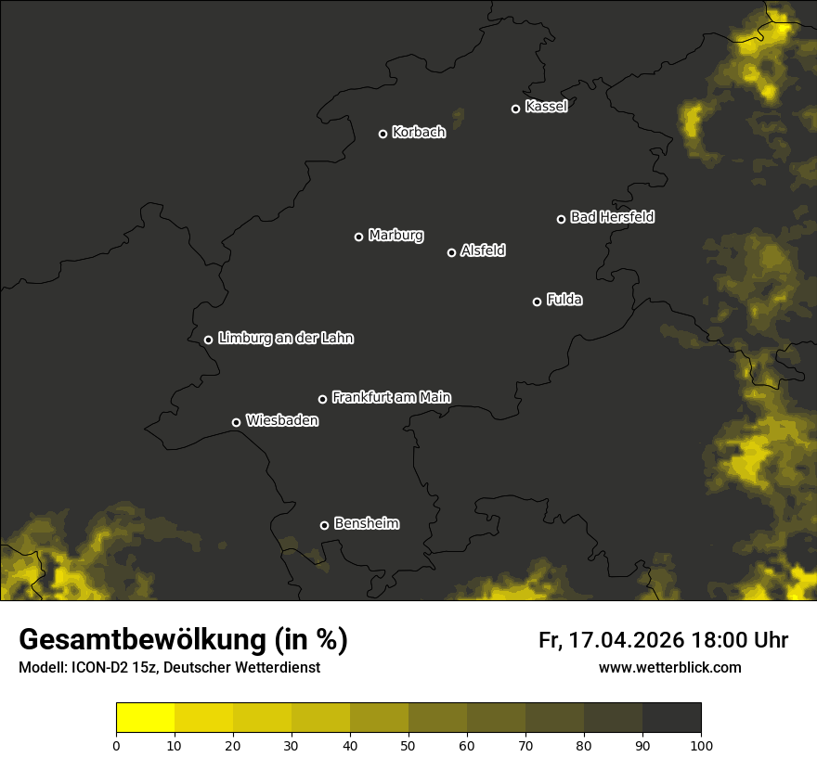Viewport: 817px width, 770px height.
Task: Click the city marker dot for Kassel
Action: click(x=515, y=109)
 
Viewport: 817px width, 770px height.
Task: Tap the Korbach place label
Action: click(x=419, y=133)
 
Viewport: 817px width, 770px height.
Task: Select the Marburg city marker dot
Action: click(x=358, y=237)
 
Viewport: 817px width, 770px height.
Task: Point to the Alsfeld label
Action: click(x=483, y=250)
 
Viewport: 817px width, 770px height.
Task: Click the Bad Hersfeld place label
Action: click(x=612, y=217)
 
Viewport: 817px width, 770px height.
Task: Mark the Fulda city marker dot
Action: click(x=537, y=302)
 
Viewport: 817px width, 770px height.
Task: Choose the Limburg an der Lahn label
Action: click(x=286, y=339)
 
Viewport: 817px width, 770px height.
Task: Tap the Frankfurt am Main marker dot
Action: click(x=322, y=399)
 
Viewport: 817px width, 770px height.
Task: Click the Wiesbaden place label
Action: click(x=282, y=421)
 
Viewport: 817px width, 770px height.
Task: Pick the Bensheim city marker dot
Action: click(x=324, y=525)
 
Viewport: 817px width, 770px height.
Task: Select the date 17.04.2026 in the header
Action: click(x=627, y=640)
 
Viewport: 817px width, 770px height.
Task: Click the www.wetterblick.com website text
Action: click(x=669, y=667)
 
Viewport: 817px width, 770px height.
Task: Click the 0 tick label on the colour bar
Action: click(x=116, y=744)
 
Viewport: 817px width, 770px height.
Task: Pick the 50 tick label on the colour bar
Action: click(x=408, y=744)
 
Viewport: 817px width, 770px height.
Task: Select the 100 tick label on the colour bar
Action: click(x=701, y=744)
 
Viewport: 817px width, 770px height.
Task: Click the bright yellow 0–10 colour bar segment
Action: click(x=146, y=718)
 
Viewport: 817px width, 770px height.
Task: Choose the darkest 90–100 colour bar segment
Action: click(x=671, y=718)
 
